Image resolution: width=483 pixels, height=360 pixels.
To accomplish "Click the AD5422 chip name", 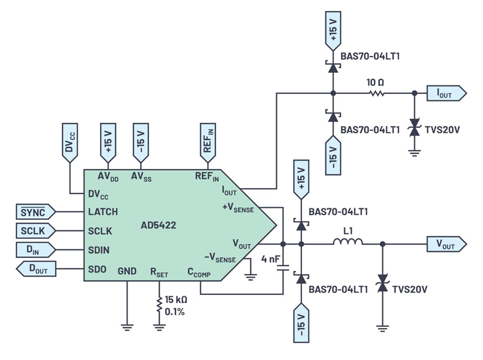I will click(x=157, y=225).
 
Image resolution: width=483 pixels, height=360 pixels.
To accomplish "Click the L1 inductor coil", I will click(x=347, y=244).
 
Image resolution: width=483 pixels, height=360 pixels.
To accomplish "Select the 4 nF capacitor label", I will click(x=271, y=259).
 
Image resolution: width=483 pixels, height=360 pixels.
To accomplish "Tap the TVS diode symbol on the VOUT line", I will click(x=383, y=283).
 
